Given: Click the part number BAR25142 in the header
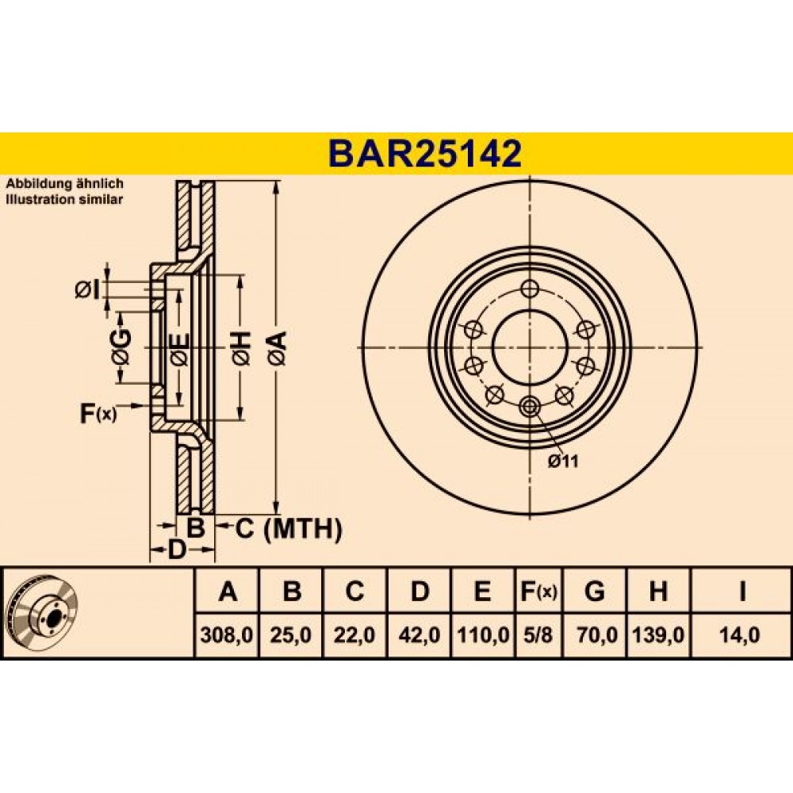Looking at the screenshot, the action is tap(424, 153).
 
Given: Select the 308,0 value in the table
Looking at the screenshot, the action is tap(227, 635).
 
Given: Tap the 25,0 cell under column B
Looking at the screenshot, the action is tap(291, 635).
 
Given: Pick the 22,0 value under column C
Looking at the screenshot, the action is tap(354, 635).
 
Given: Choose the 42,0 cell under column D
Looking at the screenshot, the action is tap(419, 635).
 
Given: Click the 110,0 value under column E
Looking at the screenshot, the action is tap(483, 635).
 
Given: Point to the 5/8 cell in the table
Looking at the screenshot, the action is tap(539, 635).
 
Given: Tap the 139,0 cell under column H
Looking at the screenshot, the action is tap(658, 635).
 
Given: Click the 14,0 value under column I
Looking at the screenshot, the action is tap(741, 635).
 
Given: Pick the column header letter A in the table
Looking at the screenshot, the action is tap(228, 591).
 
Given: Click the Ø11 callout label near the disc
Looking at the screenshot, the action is tap(563, 462).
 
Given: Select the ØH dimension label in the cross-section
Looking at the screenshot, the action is tap(241, 348).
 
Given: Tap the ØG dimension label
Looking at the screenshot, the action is tap(121, 347).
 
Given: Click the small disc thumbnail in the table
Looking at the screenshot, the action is tap(44, 613).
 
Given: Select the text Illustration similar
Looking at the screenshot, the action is tap(64, 199).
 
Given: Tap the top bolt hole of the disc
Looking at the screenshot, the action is tap(530, 290).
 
